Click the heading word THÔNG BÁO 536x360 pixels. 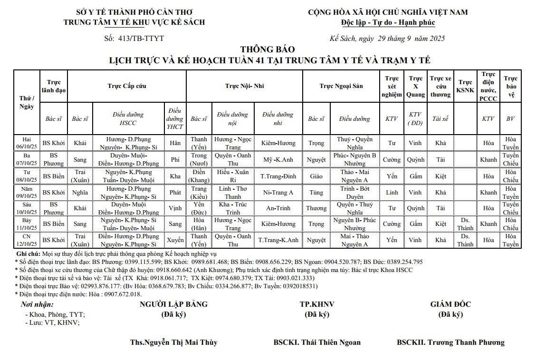pyautogui.click(x=268, y=49)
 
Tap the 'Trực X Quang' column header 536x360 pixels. pyautogui.click(x=415, y=86)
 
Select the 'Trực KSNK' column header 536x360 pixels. pyautogui.click(x=465, y=86)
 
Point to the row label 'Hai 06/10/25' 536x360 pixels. pyautogui.click(x=27, y=143)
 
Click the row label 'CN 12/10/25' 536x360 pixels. pyautogui.click(x=27, y=240)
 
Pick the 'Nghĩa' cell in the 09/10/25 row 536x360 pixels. pyautogui.click(x=80, y=193)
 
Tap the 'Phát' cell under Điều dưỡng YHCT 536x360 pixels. pyautogui.click(x=175, y=193)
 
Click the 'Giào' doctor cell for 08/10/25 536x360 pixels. pyautogui.click(x=316, y=176)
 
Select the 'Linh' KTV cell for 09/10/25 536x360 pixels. pyautogui.click(x=392, y=193)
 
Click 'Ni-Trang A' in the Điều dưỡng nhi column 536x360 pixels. pyautogui.click(x=278, y=193)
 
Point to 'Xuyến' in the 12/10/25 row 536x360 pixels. pyautogui.click(x=175, y=240)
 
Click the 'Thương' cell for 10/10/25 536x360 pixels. pyautogui.click(x=316, y=208)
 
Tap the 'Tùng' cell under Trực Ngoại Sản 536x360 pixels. pyautogui.click(x=316, y=193)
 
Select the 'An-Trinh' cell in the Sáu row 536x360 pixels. pyautogui.click(x=278, y=208)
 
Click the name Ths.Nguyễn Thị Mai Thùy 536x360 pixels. pyautogui.click(x=173, y=342)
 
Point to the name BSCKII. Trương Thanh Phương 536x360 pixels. pyautogui.click(x=450, y=342)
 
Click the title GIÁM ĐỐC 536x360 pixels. pyautogui.click(x=450, y=304)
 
